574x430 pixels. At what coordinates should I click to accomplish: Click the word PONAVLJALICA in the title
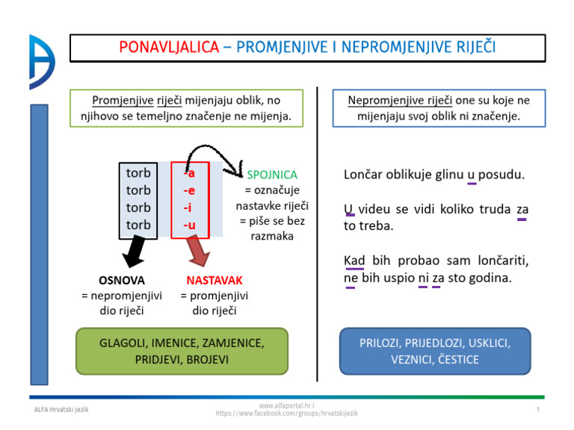[x=169, y=48]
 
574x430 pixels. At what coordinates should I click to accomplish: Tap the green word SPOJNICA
[x=272, y=174]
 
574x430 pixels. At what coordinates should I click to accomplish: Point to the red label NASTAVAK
[x=215, y=281]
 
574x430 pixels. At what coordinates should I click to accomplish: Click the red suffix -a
[x=190, y=173]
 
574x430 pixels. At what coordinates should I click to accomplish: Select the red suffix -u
[x=190, y=224]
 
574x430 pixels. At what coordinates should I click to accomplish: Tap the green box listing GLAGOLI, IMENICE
[x=182, y=351]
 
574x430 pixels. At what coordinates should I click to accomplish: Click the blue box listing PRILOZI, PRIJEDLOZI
[x=434, y=351]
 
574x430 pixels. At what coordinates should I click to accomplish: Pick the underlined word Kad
[x=354, y=261]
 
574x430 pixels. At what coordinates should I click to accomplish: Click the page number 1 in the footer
[x=537, y=411]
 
